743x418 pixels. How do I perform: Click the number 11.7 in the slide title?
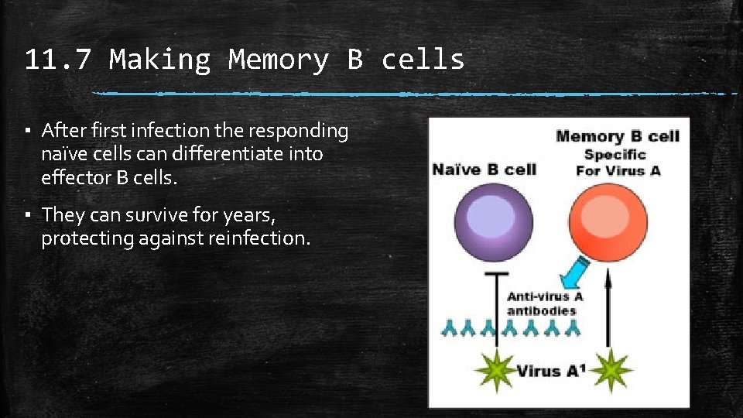click(58, 60)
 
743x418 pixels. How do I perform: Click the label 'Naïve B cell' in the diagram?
click(484, 170)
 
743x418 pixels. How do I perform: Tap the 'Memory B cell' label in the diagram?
click(617, 137)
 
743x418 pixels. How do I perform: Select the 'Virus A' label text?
click(549, 370)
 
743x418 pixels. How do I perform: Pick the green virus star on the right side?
click(612, 369)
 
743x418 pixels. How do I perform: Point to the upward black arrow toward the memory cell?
click(608, 317)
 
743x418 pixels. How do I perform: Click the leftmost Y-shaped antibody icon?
click(449, 328)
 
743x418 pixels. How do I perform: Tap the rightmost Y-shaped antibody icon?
click(573, 328)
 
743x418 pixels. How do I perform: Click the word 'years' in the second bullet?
click(248, 214)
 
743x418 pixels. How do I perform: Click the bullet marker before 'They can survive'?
click(28, 214)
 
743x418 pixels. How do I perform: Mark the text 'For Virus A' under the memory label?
click(618, 170)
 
